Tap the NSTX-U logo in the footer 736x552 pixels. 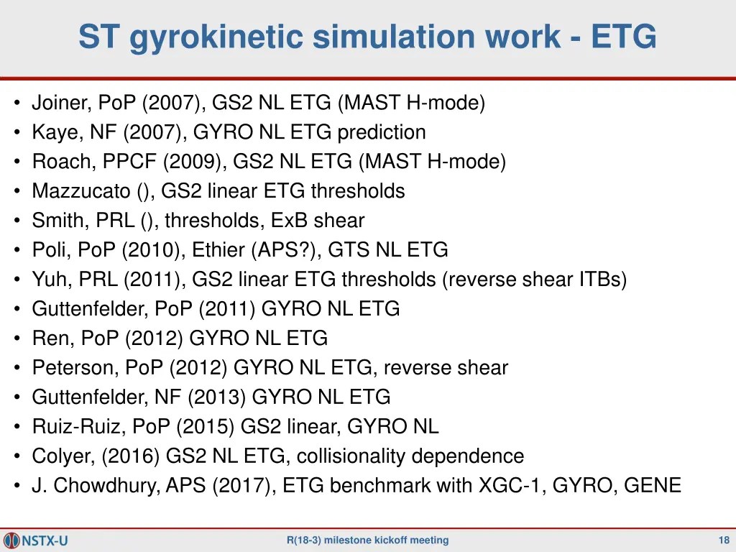coord(35,540)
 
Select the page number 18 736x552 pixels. coord(724,540)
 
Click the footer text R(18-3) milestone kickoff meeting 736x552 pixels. coord(367,540)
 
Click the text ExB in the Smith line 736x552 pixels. coord(286,221)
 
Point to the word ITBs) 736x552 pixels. coord(602,280)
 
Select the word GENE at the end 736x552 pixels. coord(652,486)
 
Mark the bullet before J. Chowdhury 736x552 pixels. coord(17,486)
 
